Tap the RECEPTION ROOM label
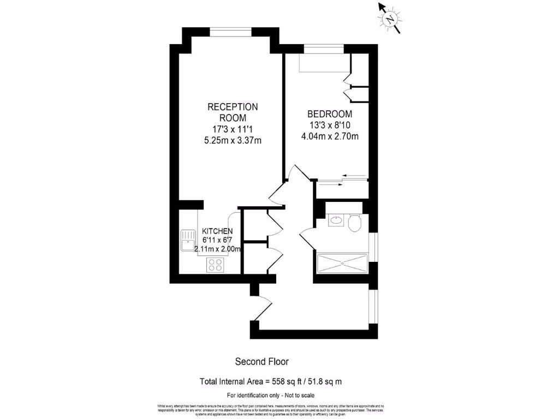[233, 112]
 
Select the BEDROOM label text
[330, 114]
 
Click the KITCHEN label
[218, 231]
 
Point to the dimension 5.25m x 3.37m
[233, 140]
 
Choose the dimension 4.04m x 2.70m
[330, 136]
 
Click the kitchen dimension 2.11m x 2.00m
[218, 249]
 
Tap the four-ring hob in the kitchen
[215, 265]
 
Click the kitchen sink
[188, 240]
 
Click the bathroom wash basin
[335, 222]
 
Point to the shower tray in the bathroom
[342, 264]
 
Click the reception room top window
[231, 32]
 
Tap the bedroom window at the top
[324, 50]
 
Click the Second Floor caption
[261, 362]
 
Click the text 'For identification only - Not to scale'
[271, 395]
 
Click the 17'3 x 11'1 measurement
[233, 129]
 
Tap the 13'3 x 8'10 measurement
[330, 125]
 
